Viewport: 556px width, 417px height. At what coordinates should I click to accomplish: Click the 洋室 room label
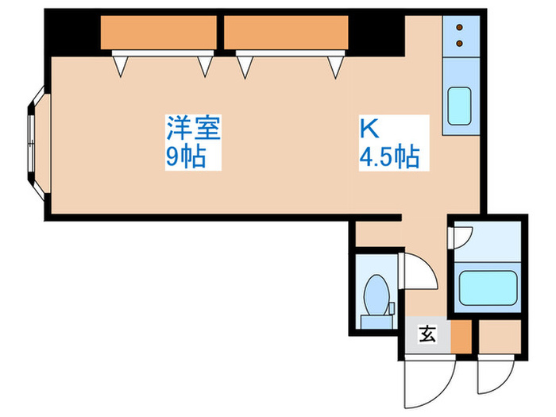[x=193, y=127]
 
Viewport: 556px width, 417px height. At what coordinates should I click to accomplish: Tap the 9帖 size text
[x=185, y=156]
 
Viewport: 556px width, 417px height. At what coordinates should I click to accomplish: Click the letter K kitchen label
[x=369, y=127]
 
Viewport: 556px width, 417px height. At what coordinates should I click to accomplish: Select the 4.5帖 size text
[x=389, y=156]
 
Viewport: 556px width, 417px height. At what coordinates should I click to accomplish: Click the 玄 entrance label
[x=427, y=334]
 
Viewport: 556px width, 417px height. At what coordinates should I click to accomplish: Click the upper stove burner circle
[x=459, y=29]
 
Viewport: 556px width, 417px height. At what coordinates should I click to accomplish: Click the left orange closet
[x=159, y=33]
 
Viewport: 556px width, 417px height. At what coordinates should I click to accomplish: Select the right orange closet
[x=286, y=33]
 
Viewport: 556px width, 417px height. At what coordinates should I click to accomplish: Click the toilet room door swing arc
[x=421, y=274]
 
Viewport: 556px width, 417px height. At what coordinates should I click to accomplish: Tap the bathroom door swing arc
[x=461, y=236]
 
